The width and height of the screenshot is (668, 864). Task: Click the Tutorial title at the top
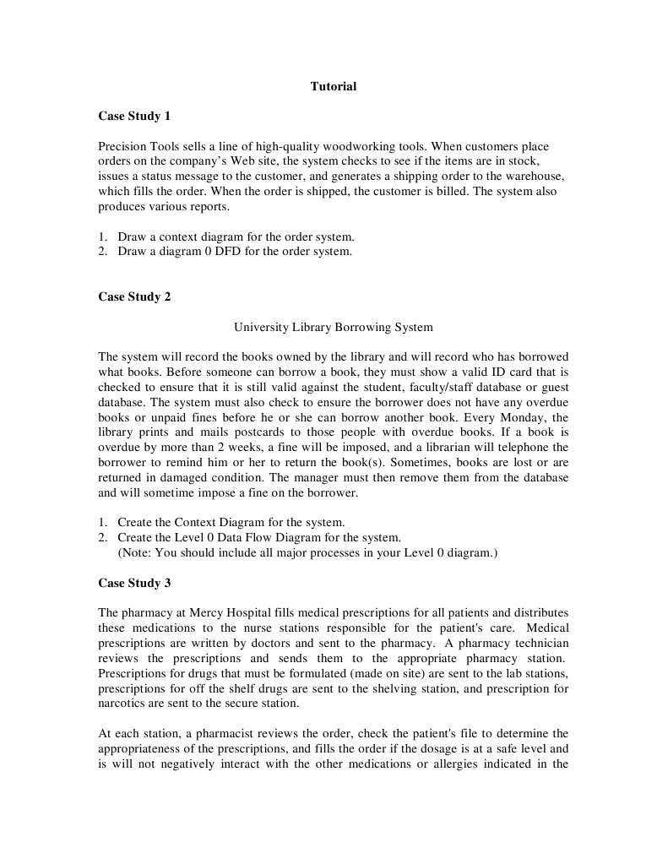click(x=334, y=86)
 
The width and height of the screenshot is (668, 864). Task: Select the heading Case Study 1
click(x=134, y=116)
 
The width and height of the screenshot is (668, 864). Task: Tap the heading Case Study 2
click(x=134, y=296)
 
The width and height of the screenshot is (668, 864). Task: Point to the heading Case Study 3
click(x=134, y=583)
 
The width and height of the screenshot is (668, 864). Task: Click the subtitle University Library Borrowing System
click(x=333, y=327)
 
